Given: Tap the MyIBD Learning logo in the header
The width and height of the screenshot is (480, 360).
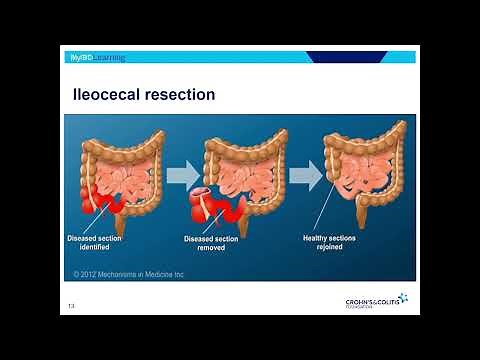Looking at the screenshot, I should pyautogui.click(x=99, y=57).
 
